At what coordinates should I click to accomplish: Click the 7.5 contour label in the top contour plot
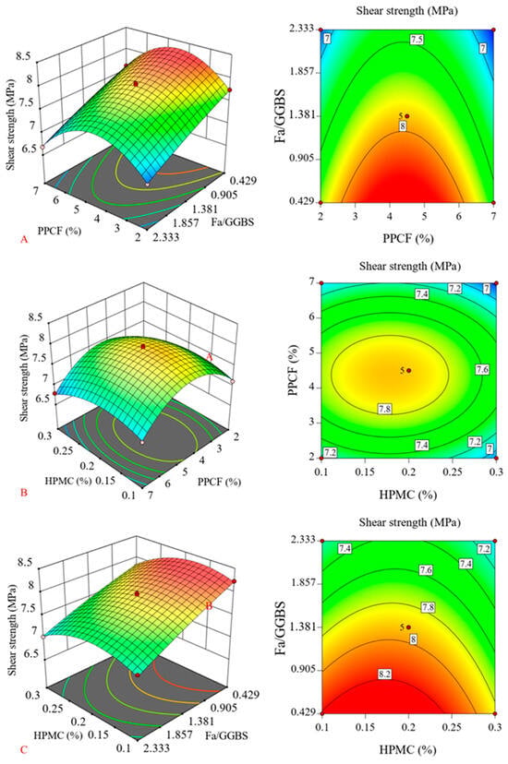417,40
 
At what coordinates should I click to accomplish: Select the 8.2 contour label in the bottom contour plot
384,674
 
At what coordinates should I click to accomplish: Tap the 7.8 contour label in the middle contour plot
384,410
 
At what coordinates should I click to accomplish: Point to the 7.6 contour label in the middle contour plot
482,370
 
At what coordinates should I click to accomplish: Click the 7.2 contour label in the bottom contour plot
484,549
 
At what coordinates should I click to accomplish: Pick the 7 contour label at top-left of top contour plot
327,39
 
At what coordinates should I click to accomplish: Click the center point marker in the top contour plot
407,116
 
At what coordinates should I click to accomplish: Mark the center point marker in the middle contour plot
408,370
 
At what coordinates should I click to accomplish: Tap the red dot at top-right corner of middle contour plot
496,283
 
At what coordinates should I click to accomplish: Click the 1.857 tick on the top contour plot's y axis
303,72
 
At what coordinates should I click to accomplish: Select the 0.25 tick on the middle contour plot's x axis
453,472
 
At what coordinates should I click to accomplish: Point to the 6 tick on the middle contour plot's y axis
310,317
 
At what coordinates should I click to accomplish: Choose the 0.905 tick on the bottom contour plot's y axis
303,670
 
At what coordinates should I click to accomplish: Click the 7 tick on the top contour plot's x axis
494,216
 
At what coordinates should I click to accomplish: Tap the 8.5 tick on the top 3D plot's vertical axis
23,56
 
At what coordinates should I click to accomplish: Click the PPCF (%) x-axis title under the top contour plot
408,238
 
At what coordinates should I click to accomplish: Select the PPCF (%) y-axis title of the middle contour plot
294,370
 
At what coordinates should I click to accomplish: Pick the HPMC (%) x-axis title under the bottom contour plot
407,749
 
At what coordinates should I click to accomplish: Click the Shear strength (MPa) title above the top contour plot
407,10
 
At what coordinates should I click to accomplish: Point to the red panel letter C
23,750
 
